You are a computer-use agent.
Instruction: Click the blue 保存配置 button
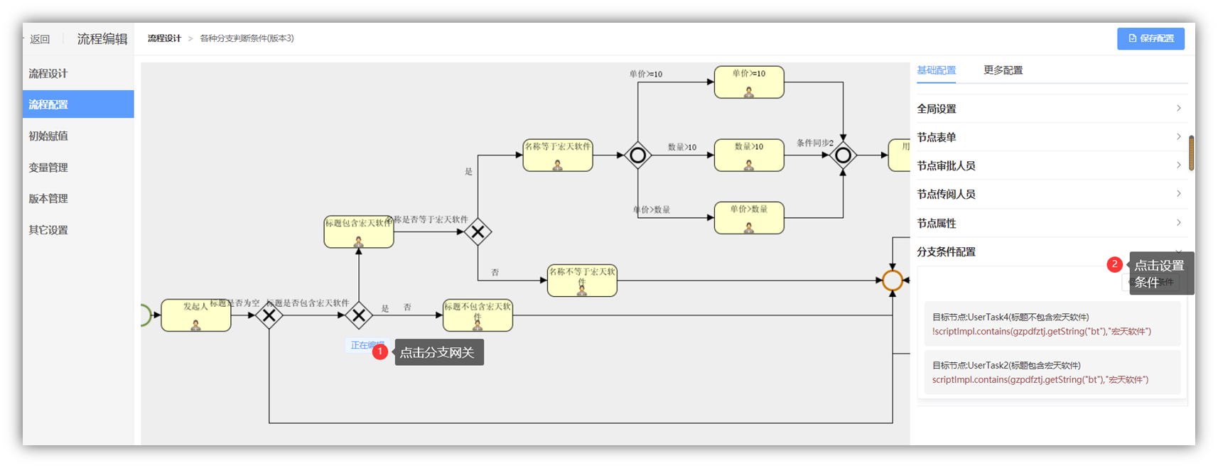(1150, 38)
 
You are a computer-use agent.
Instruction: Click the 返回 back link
(40, 39)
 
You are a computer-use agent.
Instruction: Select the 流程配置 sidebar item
(78, 104)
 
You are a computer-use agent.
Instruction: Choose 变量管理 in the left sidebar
(48, 168)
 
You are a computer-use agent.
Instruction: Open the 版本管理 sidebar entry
(48, 199)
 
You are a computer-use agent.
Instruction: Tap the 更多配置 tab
(1003, 70)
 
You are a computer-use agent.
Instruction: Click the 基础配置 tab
(936, 70)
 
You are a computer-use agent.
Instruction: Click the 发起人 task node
(196, 315)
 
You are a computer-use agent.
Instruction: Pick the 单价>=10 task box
(749, 82)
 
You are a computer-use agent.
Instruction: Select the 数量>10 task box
(749, 156)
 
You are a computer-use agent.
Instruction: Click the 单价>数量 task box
(749, 218)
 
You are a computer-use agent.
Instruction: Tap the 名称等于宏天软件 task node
(558, 156)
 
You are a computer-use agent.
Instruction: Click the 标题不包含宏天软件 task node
(478, 315)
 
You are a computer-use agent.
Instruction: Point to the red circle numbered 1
(380, 352)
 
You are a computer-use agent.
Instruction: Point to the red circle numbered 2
(1114, 264)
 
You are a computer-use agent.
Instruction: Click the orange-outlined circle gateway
(893, 281)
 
